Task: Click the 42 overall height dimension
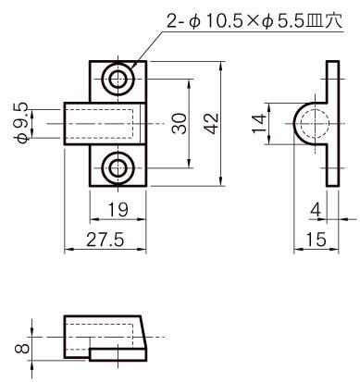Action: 212,123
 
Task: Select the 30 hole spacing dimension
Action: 180,123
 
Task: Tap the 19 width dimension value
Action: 118,210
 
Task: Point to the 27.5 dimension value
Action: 106,240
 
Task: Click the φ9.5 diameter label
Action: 22,123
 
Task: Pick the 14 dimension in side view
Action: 259,123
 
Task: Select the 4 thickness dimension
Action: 316,210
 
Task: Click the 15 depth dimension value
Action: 316,240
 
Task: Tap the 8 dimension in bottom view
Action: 22,348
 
